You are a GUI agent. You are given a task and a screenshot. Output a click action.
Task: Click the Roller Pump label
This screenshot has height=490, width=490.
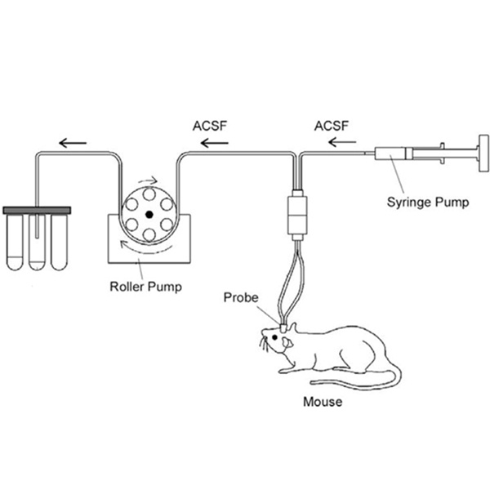coord(145,287)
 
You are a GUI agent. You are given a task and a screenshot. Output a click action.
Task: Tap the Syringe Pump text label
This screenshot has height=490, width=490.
coord(428,203)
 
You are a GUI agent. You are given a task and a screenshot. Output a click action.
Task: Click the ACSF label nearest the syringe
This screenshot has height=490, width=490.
coord(331,127)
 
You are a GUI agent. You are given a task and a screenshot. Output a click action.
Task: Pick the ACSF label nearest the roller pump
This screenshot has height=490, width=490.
coord(211,127)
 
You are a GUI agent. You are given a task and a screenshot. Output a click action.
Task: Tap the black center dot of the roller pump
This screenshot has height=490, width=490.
coord(149,215)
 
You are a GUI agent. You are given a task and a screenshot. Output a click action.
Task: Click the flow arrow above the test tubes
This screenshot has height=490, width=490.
coord(72,142)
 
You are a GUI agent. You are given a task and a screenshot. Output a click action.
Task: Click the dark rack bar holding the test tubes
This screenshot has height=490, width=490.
coord(38,211)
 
